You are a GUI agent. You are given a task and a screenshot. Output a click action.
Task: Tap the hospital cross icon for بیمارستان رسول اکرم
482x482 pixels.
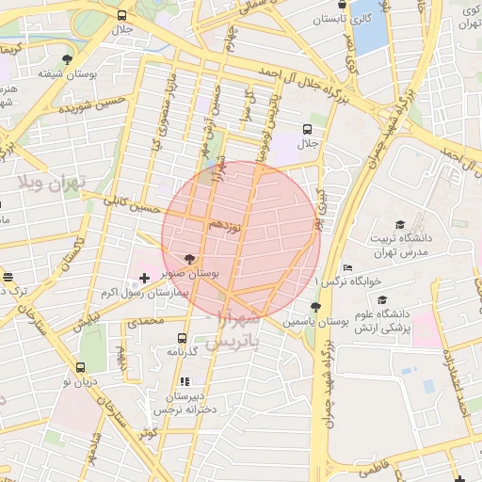click(143, 277)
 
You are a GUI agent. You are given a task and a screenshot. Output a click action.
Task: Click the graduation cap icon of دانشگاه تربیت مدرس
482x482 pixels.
click(400, 224)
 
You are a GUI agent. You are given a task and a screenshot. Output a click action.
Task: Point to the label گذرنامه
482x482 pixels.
click(182, 350)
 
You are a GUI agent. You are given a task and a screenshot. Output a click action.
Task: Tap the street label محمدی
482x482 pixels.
click(146, 322)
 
